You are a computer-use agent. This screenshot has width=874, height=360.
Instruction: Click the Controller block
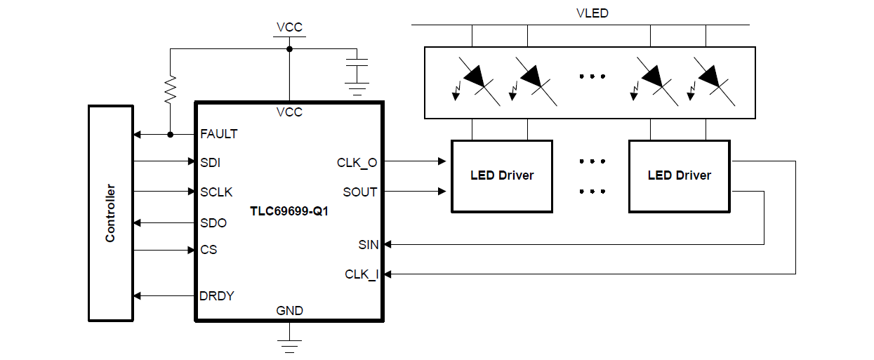110,213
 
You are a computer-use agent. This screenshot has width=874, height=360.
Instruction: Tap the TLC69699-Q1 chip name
289,211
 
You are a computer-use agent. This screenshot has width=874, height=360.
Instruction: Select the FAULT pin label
218,134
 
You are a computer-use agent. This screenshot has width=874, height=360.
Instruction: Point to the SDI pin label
210,162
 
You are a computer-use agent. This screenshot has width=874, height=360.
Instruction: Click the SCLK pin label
216,192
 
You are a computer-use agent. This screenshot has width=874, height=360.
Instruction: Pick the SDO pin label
213,223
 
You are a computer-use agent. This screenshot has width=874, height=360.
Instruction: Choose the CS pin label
208,250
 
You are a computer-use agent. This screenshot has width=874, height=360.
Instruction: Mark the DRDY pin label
217,296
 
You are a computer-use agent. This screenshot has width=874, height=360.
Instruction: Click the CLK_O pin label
357,163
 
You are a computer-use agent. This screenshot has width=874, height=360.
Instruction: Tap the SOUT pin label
359,192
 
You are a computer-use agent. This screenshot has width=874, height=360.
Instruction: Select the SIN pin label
368,245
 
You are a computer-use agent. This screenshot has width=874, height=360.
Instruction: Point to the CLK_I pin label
361,274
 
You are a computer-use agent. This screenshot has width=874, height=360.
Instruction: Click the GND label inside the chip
289,310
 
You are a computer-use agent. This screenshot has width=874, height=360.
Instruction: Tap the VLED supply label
591,13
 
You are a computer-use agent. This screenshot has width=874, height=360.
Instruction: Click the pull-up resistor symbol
170,89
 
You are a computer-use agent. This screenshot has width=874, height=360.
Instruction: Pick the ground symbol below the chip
289,346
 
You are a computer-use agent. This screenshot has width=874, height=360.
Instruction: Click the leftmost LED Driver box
501,175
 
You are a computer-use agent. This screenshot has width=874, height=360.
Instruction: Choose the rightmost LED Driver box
679,175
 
